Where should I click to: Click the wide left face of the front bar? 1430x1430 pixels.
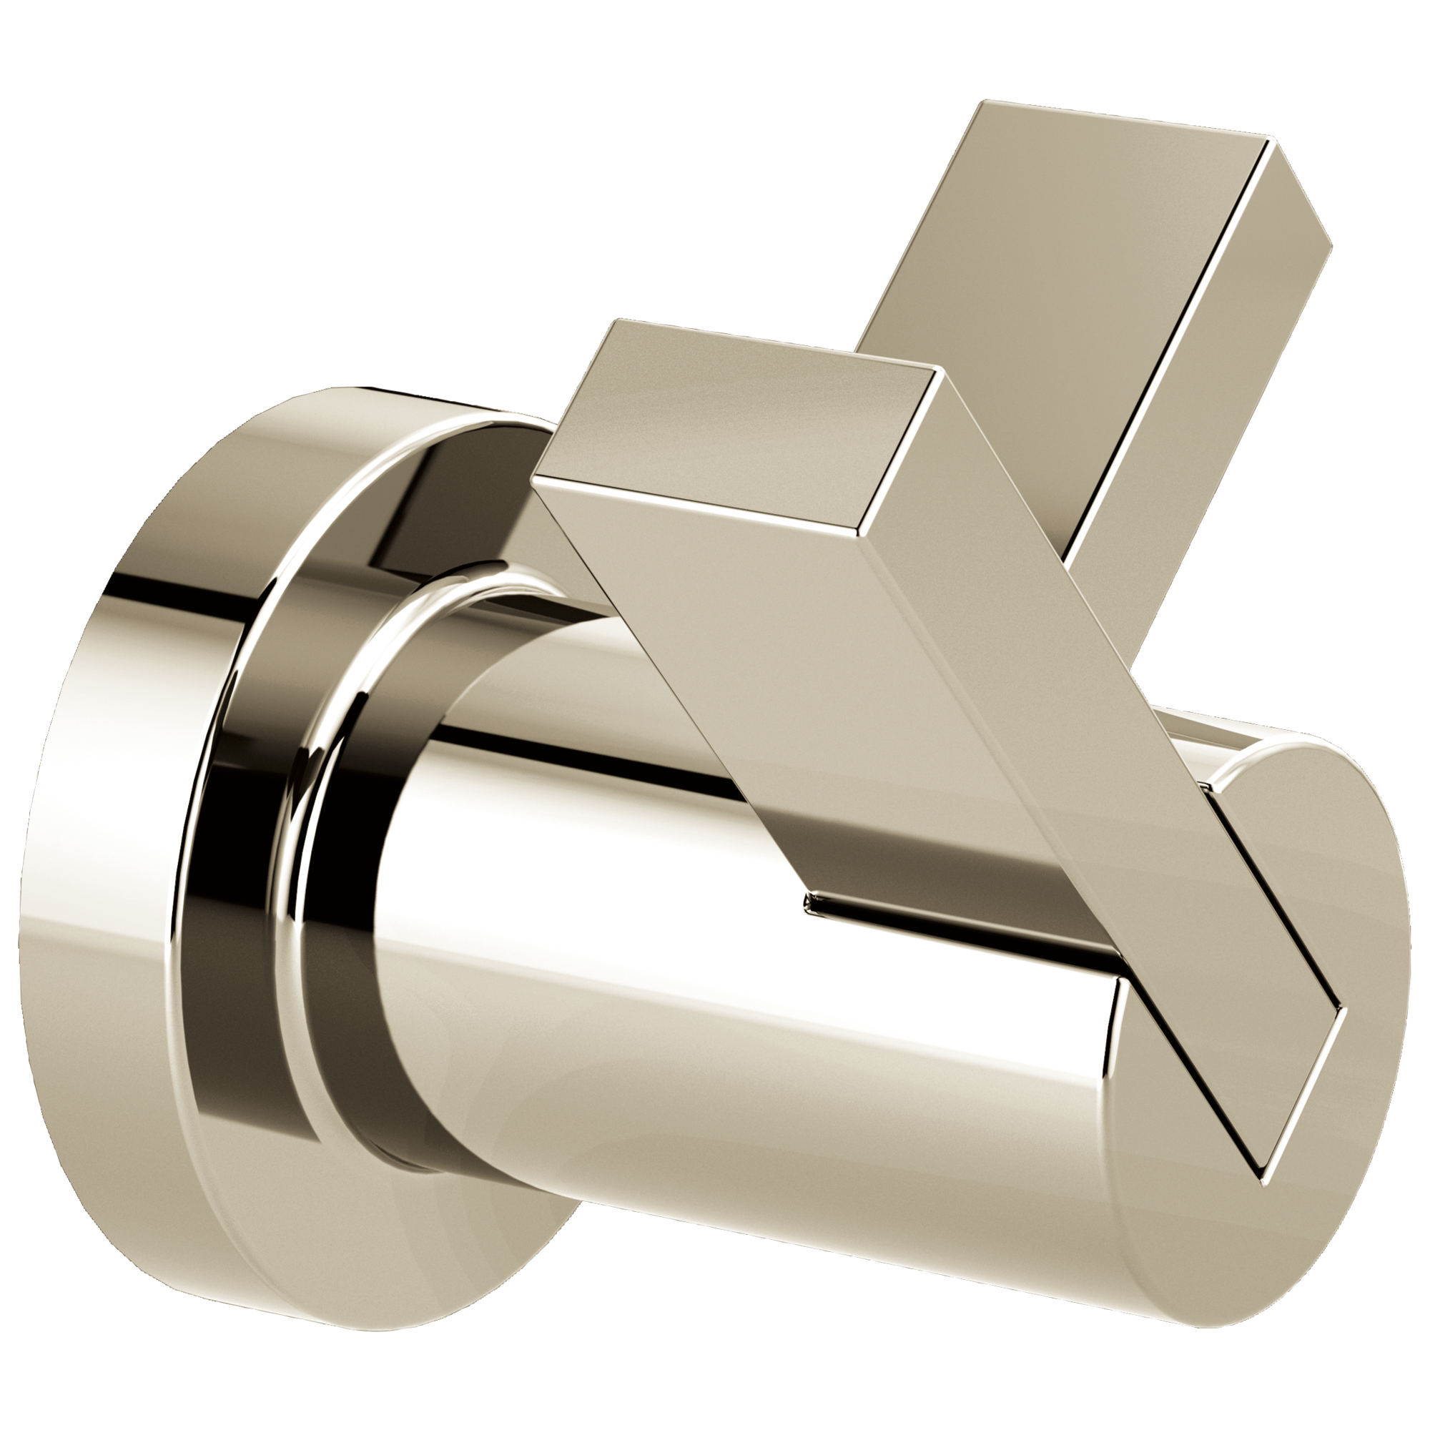[777, 666]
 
